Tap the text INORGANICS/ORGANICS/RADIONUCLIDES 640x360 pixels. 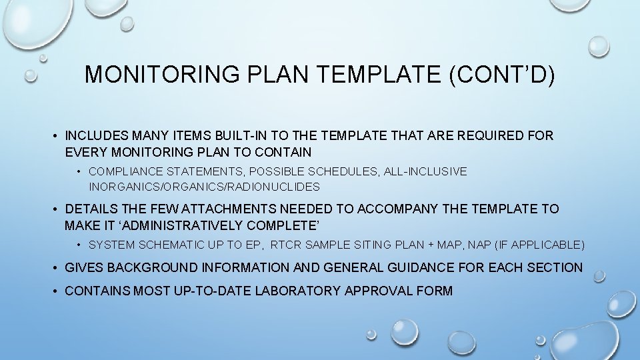[204, 187]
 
